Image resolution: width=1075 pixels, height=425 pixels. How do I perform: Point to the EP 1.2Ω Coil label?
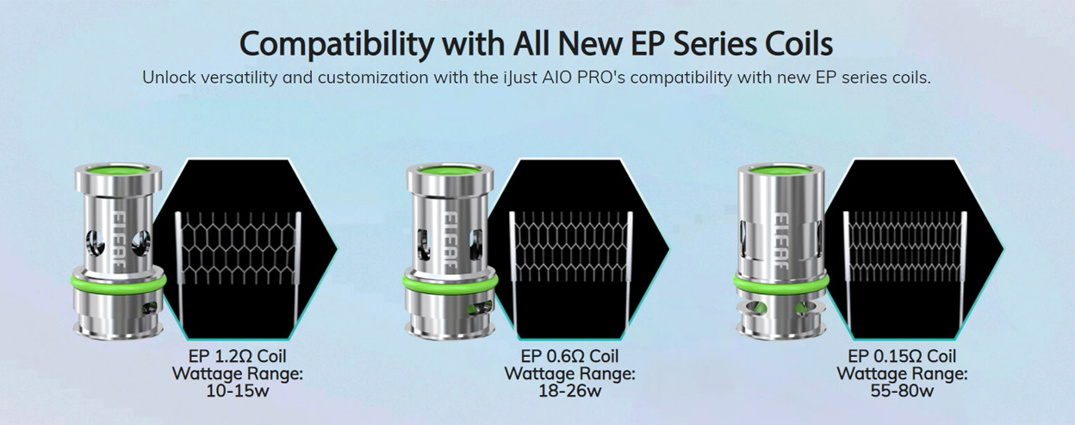(x=238, y=356)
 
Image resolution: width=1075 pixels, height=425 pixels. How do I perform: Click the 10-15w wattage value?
(x=238, y=391)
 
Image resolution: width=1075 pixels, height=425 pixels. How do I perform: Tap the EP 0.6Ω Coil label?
(x=569, y=356)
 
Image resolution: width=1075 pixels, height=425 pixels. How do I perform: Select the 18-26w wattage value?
(x=569, y=391)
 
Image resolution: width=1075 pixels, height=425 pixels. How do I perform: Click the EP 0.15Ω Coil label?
(x=902, y=356)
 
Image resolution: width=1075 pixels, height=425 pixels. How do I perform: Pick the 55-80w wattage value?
(x=902, y=391)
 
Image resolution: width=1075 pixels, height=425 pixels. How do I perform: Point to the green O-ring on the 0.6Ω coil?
(x=446, y=282)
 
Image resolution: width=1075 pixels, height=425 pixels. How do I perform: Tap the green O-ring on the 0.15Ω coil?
(x=780, y=281)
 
